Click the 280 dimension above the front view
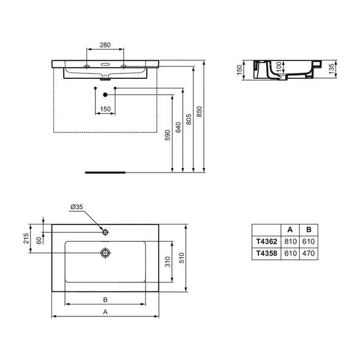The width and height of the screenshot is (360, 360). pos(105,45)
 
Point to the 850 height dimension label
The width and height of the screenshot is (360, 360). pos(199,112)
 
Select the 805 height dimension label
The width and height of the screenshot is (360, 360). pos(189,119)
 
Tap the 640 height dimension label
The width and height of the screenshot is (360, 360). pos(179,127)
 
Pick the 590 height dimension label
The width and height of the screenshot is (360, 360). pos(168,136)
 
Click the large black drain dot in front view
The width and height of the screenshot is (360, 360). pos(106,94)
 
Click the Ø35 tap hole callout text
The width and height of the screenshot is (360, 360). pos(76,207)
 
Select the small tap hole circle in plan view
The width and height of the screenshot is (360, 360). pos(106,232)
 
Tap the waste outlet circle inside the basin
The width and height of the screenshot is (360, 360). pos(106,253)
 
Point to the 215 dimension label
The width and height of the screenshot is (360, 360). pos(26,239)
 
